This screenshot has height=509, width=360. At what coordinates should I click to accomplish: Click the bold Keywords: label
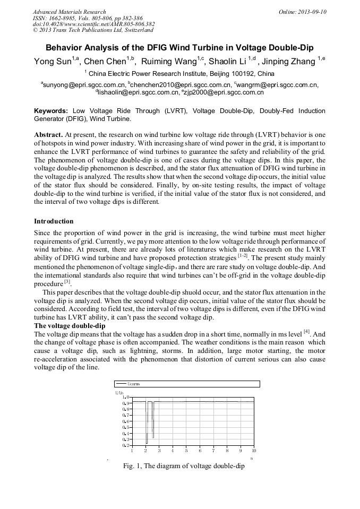51,111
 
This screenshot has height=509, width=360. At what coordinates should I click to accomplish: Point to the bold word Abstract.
48,135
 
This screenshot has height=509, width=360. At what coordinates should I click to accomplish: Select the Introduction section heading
54,221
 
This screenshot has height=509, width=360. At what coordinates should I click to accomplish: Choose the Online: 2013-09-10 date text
302,12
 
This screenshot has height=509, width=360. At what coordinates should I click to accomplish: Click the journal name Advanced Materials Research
69,12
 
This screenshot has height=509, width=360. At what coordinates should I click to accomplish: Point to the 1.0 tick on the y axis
125,397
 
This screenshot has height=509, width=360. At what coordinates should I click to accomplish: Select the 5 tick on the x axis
186,451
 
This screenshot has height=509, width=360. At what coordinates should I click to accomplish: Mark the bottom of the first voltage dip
147,443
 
